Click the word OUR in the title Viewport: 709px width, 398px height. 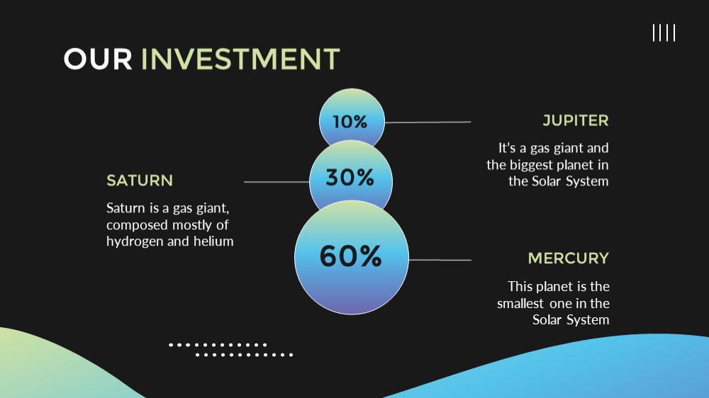[98, 59]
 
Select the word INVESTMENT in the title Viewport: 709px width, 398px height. [240, 59]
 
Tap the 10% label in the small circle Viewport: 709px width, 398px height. [350, 122]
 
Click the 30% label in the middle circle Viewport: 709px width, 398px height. [350, 177]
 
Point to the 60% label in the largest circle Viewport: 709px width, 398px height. [351, 256]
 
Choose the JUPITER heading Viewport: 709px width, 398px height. [576, 120]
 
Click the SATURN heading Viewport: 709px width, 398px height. [140, 181]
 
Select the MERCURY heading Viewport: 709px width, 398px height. [569, 258]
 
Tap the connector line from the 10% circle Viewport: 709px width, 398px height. [428, 122]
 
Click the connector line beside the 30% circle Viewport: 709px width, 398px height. [277, 182]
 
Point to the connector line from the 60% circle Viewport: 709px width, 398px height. [440, 260]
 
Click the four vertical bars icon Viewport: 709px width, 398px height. [664, 33]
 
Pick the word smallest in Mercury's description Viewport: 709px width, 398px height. [520, 303]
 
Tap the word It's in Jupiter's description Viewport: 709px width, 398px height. [507, 148]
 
